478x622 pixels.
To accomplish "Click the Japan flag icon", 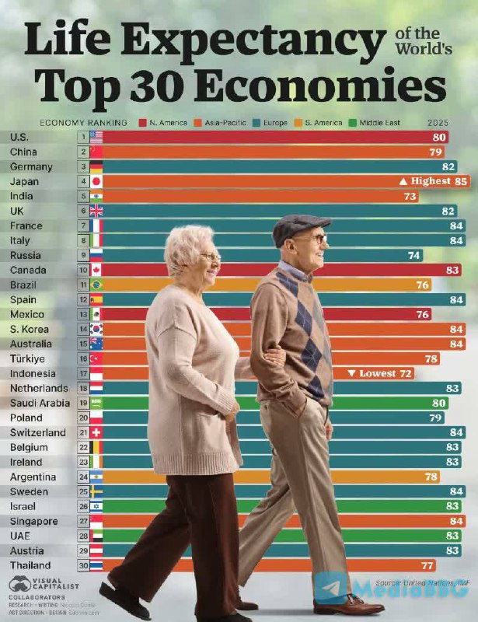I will click(x=96, y=181).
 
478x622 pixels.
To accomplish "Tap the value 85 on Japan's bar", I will click(x=460, y=181).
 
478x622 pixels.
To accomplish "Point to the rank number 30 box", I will click(x=82, y=565).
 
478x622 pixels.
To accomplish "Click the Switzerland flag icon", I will click(x=96, y=432).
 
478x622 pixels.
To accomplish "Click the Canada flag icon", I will click(x=96, y=270).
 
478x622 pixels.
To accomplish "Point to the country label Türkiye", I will click(x=26, y=358).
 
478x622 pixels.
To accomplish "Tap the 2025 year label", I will click(x=438, y=123).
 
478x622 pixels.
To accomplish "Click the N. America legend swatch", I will click(x=143, y=123).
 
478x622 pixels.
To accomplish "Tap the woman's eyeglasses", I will click(x=210, y=255).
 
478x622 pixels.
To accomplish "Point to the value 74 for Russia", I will click(x=413, y=255).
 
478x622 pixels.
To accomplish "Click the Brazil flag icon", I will click(x=96, y=285).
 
